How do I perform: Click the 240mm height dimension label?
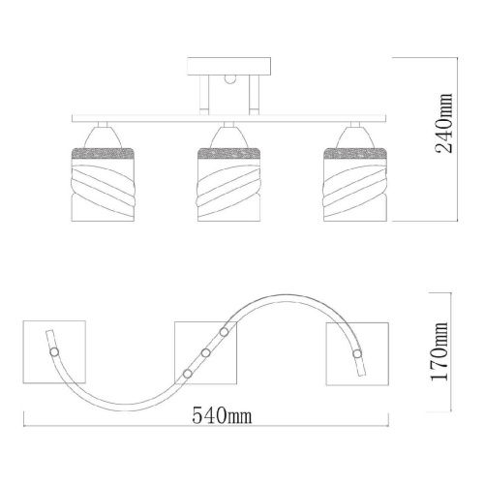[x=444, y=123]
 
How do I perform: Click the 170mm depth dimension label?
[x=440, y=351]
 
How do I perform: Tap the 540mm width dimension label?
[x=222, y=415]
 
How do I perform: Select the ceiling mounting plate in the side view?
[x=229, y=67]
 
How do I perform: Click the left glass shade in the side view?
[x=103, y=184]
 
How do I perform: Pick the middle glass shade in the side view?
[x=228, y=184]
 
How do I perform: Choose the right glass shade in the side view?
[x=354, y=184]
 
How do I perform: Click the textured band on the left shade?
[x=103, y=153]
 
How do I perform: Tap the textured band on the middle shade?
[x=228, y=153]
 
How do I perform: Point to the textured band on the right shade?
[x=354, y=153]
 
